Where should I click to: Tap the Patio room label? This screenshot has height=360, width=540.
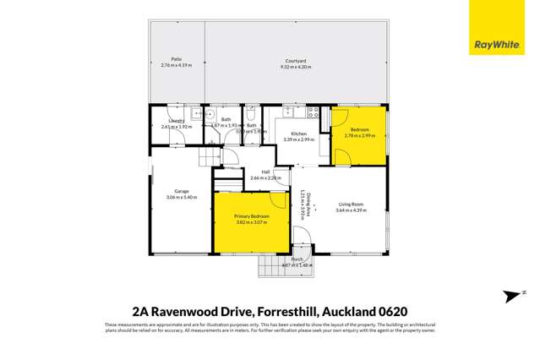[177, 59]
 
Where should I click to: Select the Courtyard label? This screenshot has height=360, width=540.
[294, 59]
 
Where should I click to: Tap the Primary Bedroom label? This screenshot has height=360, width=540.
[252, 216]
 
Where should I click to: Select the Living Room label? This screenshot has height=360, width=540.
[351, 205]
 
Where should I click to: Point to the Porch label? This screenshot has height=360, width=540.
[297, 259]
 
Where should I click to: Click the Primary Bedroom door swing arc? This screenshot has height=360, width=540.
[278, 199]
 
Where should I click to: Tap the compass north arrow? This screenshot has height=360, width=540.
[512, 295]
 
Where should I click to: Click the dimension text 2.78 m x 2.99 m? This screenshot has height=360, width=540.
[359, 135]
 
